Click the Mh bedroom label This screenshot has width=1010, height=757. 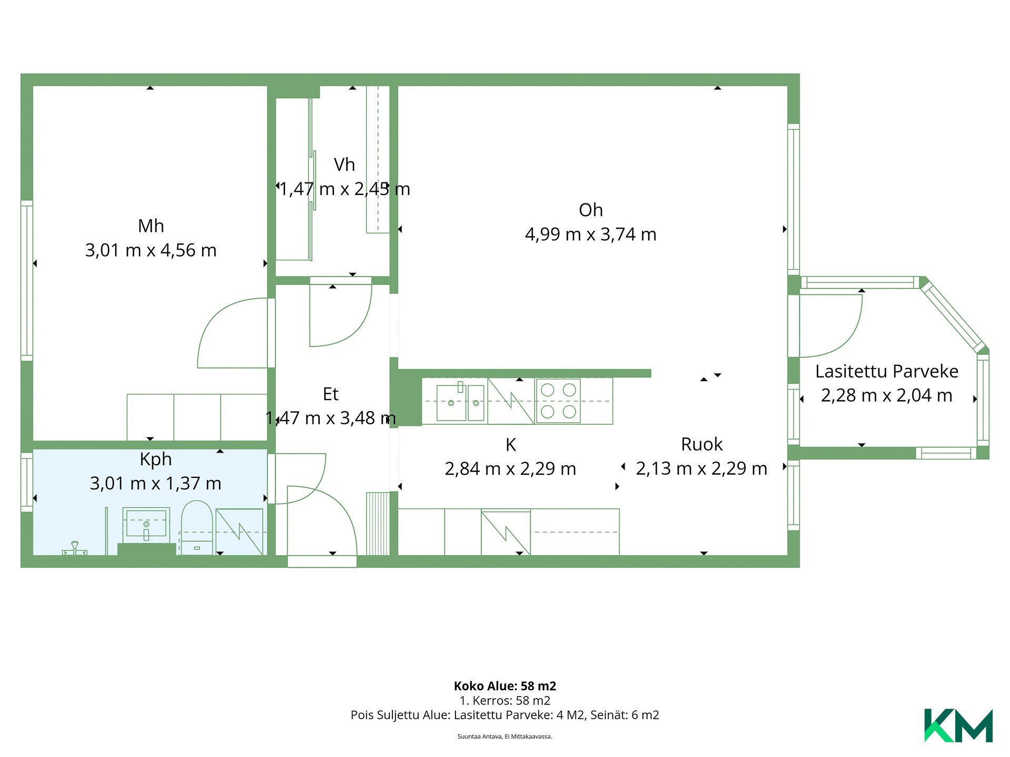[151, 226]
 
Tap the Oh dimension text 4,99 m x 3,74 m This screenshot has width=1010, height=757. [591, 234]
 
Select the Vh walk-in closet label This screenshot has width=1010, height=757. [345, 165]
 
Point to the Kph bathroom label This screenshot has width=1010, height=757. [156, 459]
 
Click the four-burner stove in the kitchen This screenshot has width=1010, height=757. [558, 401]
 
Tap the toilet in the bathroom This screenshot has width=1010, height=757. [197, 527]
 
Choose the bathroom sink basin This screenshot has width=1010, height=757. [146, 524]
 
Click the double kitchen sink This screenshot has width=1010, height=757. [461, 402]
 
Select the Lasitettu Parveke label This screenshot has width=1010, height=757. [887, 372]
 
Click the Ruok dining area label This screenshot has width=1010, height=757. [702, 444]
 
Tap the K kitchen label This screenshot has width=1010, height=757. [511, 445]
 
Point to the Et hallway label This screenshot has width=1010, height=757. [330, 394]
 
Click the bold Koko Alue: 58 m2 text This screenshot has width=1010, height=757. [505, 686]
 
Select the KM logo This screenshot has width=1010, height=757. [958, 725]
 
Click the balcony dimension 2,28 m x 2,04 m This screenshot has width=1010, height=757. [887, 395]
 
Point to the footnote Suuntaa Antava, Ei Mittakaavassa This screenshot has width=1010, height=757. [505, 736]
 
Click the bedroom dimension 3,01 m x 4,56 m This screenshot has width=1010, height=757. [151, 250]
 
